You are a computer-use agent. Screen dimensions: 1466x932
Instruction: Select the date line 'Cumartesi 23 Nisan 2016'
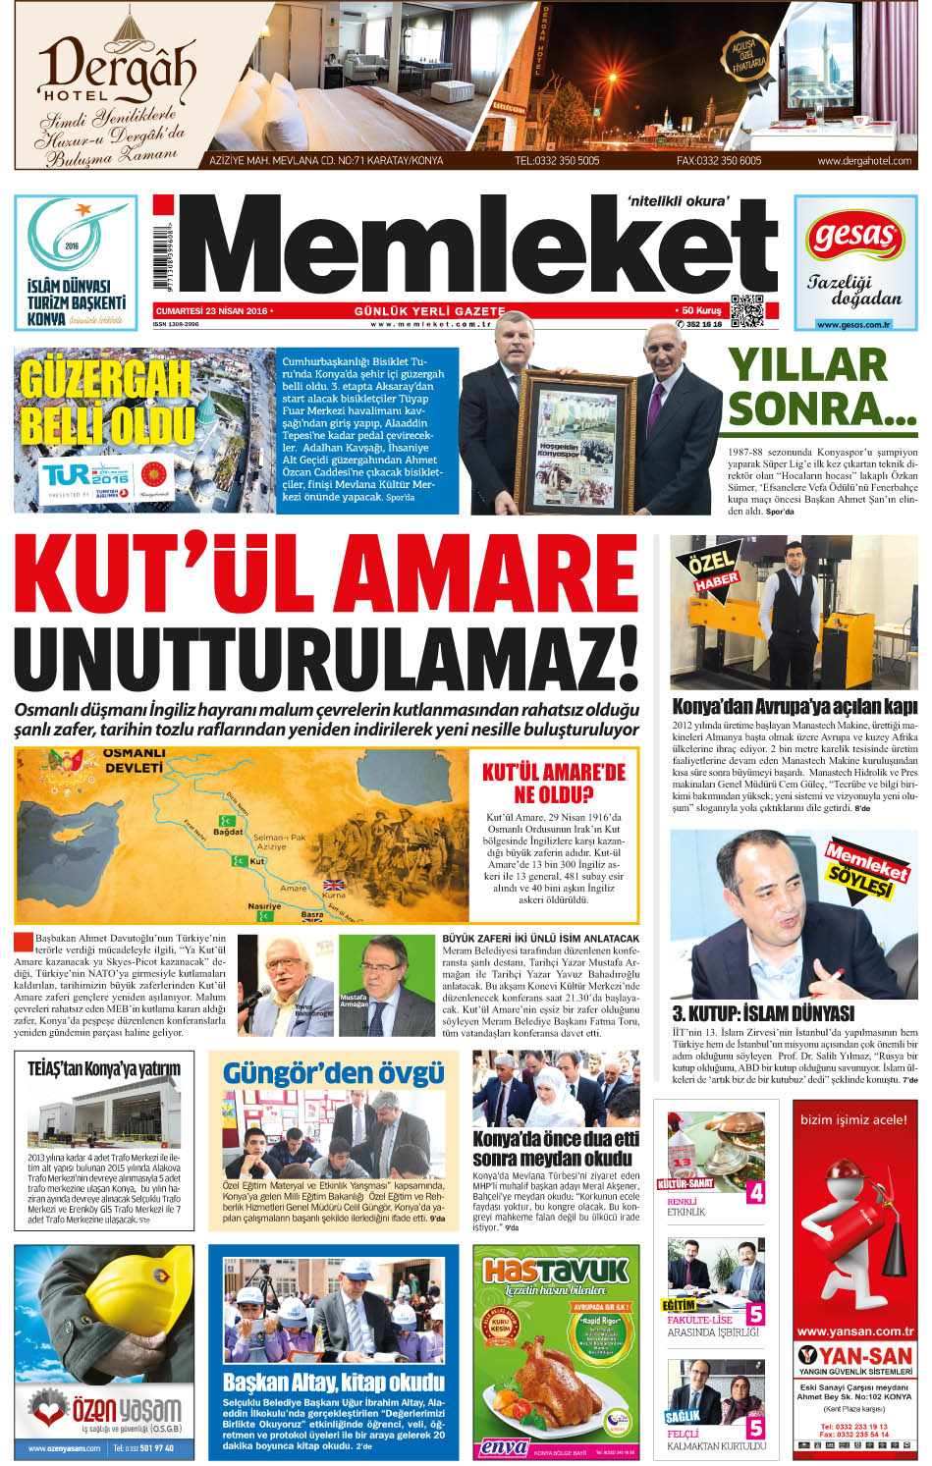tap(212, 310)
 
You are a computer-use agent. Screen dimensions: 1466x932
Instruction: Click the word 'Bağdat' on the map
tap(228, 832)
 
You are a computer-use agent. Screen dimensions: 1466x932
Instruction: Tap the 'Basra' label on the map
tap(311, 914)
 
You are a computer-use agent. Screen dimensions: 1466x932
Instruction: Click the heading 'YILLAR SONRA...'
tap(820, 387)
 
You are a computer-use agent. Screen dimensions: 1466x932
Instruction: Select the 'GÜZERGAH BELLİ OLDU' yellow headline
tap(106, 402)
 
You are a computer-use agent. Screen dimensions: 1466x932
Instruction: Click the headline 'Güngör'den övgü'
tap(333, 1072)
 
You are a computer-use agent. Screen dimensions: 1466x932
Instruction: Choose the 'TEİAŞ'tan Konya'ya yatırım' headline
tap(104, 1067)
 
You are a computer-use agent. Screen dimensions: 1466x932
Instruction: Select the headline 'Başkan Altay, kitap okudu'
tap(333, 1383)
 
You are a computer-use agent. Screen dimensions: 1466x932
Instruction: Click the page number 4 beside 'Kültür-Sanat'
tap(755, 1192)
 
